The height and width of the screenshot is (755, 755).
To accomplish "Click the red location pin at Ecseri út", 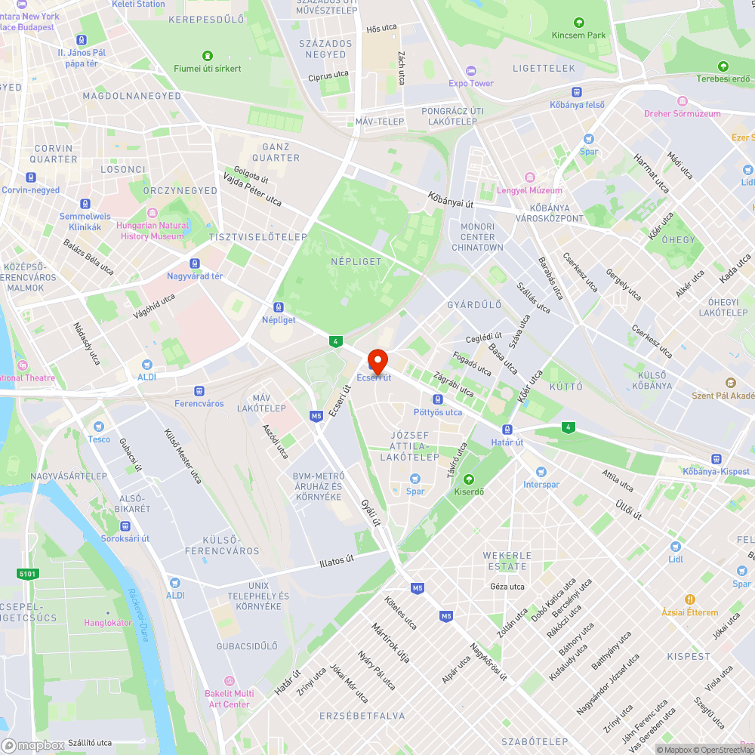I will click(x=377, y=359).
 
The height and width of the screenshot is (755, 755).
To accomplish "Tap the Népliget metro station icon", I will click(x=279, y=307).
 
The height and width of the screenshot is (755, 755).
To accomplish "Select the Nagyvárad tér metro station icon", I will click(x=195, y=263).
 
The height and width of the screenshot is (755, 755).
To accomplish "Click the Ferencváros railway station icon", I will click(x=199, y=391).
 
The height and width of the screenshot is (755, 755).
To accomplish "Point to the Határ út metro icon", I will click(x=507, y=430).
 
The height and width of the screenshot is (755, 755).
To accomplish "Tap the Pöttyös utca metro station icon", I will click(x=437, y=399).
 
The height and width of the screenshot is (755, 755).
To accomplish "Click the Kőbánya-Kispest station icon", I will click(x=715, y=459).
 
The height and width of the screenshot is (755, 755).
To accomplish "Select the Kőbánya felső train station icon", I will click(x=577, y=92).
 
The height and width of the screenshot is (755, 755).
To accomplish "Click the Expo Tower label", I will click(x=471, y=83).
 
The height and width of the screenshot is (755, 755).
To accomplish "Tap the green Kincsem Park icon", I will click(x=578, y=23).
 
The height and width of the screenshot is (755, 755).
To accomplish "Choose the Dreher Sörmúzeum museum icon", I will click(x=683, y=101).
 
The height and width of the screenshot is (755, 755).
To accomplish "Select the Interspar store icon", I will click(x=541, y=472).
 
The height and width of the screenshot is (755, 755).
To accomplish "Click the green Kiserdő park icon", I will click(x=468, y=479).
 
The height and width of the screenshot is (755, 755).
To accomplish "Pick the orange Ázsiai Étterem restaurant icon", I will click(x=689, y=599).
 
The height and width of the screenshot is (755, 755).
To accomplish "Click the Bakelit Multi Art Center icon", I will click(x=229, y=681).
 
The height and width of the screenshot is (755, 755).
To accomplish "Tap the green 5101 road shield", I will click(x=27, y=574).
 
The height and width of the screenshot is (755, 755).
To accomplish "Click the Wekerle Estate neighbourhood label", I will click(x=507, y=561).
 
